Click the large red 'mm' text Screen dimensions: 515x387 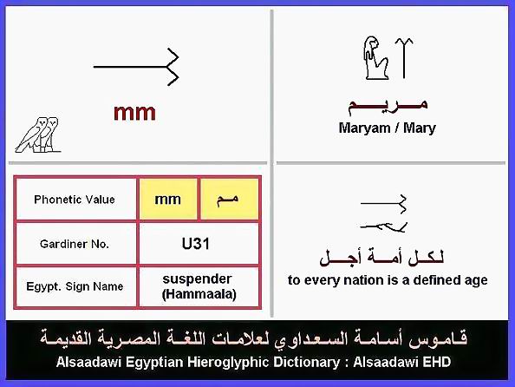[134, 113]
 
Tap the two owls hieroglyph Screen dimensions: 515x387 [38, 134]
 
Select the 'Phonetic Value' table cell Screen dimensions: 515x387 [75, 200]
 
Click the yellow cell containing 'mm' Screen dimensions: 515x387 [168, 200]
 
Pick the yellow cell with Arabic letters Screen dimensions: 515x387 [229, 200]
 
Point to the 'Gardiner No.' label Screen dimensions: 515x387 [75, 244]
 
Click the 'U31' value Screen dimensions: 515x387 [195, 244]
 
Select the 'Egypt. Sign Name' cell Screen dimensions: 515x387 [75, 286]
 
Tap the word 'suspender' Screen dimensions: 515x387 [198, 279]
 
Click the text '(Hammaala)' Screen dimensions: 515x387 [199, 294]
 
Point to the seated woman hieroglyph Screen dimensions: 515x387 [376, 58]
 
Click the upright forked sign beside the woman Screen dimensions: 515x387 [404, 58]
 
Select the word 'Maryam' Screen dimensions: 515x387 [364, 128]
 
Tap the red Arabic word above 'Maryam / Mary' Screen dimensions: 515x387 [388, 106]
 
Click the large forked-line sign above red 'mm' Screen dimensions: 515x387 [136, 67]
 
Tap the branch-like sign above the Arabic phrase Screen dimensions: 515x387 [383, 226]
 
